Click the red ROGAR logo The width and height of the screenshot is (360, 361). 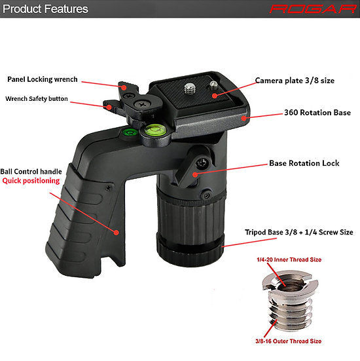(313, 9)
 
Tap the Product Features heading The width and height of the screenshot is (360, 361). (45, 9)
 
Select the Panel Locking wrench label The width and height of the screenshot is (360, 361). (43, 79)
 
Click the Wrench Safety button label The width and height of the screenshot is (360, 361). (37, 98)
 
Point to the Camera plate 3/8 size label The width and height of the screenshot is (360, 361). (295, 81)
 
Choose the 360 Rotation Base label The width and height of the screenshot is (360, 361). (317, 113)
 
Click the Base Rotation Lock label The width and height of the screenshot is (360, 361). (304, 163)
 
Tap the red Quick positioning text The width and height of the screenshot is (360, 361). (31, 181)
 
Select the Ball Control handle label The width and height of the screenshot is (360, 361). (31, 172)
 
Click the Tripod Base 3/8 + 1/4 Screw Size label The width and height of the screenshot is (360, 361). (299, 232)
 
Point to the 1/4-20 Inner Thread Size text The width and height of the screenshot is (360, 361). (289, 259)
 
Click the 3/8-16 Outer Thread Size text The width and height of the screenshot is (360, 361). (289, 341)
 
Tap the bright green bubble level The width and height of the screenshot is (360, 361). (154, 130)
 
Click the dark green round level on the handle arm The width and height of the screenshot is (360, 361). (130, 132)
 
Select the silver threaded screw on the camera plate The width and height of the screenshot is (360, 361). (190, 89)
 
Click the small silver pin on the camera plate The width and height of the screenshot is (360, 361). (213, 85)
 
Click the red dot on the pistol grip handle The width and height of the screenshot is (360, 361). (117, 233)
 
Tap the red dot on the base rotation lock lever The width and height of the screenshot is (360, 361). (195, 174)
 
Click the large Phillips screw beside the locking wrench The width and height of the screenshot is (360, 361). (143, 104)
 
